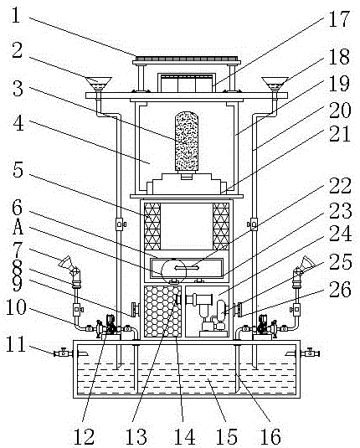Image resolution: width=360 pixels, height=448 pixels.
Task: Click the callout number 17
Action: coord(339,19)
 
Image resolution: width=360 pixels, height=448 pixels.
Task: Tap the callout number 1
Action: coord(16,15)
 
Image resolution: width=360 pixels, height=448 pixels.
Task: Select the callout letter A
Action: coord(18,227)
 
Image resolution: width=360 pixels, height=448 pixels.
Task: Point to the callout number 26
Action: coord(340,289)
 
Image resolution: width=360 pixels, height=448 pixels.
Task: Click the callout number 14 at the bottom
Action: coord(184,436)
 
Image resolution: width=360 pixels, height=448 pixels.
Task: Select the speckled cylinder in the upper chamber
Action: coord(187,142)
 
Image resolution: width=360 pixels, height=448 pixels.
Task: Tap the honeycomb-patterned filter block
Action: coord(162,312)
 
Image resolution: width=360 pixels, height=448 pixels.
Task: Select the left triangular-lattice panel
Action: coord(152,226)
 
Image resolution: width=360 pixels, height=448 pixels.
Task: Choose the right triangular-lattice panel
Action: coord(221,226)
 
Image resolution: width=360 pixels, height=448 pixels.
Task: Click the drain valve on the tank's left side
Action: coord(63,353)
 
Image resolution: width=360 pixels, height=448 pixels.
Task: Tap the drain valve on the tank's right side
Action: coord(310,353)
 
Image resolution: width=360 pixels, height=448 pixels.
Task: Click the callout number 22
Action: coord(340,186)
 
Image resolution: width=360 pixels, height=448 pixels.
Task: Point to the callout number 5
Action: coord(18,170)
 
